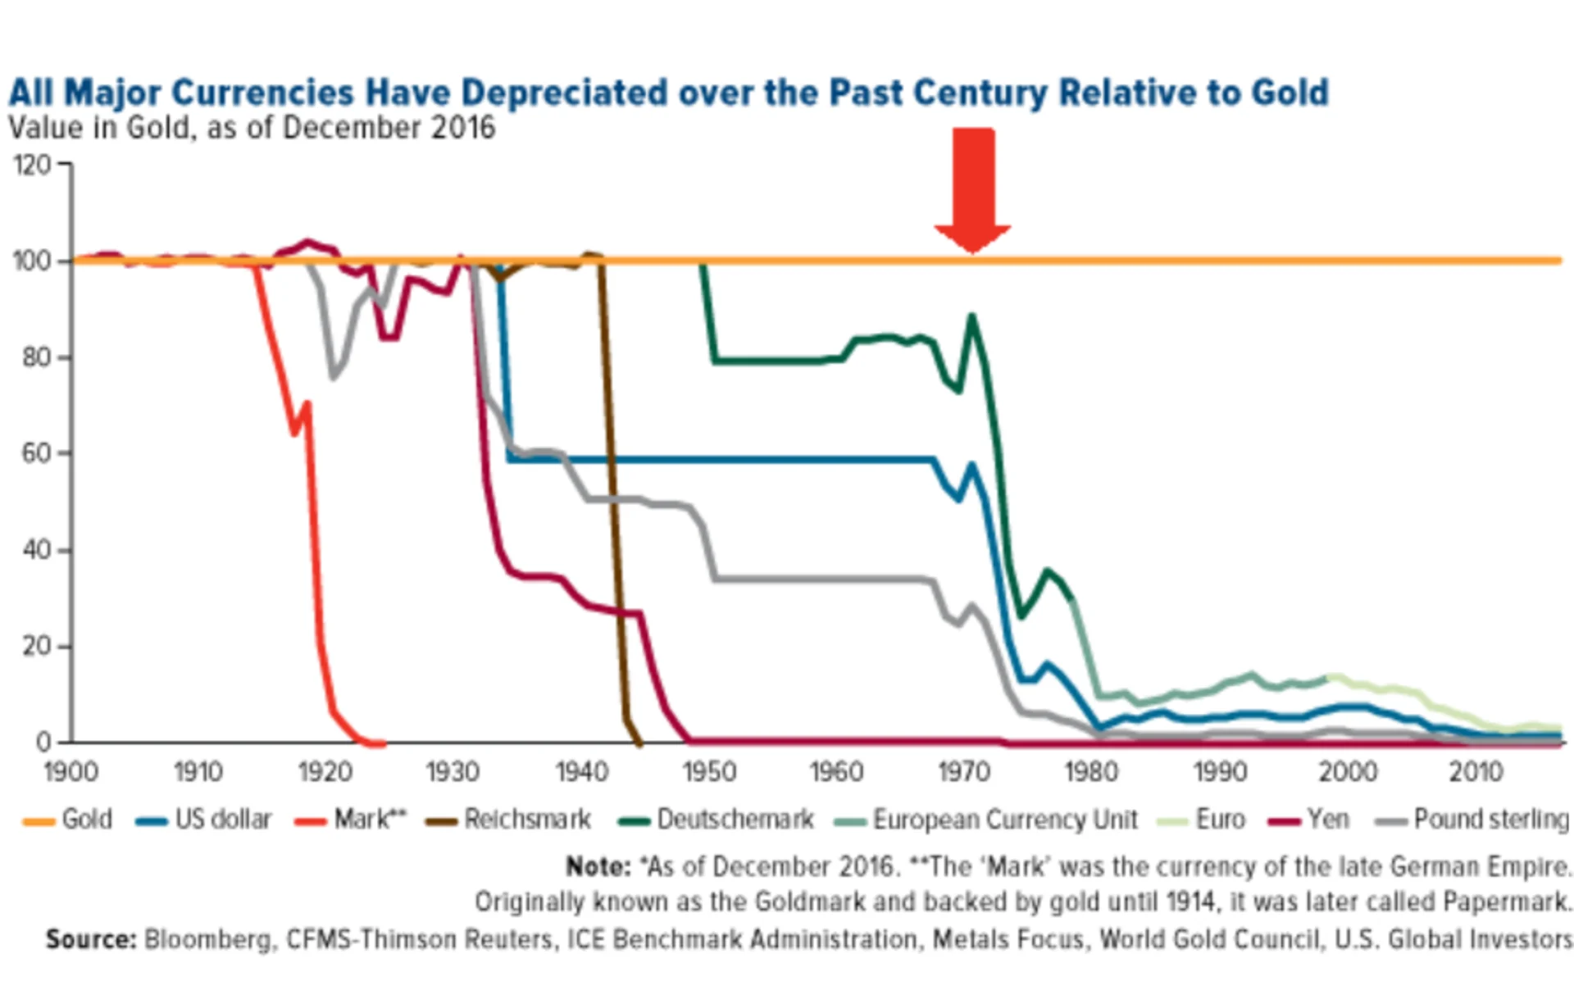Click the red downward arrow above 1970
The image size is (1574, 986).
[973, 190]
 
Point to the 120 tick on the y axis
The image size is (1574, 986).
[32, 165]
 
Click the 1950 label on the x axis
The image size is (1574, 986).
[709, 771]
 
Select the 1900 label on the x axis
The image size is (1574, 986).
[71, 771]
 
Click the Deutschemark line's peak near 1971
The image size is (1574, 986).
[972, 316]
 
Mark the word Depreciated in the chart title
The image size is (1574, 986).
[564, 93]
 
